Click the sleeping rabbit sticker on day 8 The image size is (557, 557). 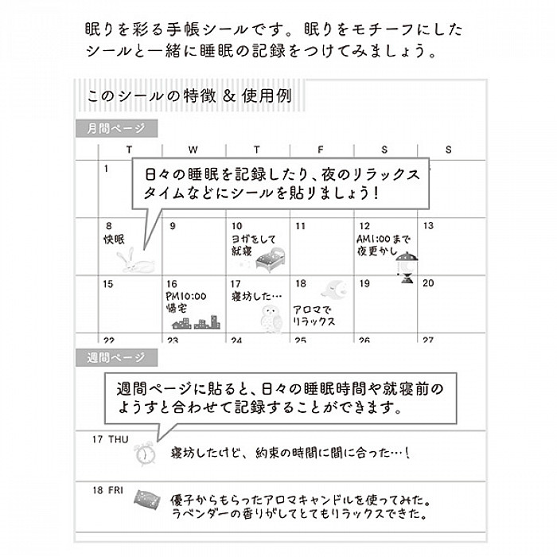135,261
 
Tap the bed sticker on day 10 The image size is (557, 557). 271,259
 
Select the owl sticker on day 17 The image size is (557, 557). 271,319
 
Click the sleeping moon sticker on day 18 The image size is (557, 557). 335,289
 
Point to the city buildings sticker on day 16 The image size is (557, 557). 196,322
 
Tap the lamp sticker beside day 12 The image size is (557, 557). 407,267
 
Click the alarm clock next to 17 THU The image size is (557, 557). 145,454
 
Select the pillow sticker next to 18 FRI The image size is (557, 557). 146,500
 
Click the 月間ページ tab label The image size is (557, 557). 116,128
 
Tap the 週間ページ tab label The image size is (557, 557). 116,357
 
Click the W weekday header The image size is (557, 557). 193,150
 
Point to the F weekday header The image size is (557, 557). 321,150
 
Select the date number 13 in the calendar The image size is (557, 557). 428,225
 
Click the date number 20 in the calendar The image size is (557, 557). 428,283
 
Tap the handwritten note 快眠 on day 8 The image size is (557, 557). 115,239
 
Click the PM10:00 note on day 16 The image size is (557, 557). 185,296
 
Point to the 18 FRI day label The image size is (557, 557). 108,491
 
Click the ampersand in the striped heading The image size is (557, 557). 229,96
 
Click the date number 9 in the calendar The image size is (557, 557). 173,226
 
